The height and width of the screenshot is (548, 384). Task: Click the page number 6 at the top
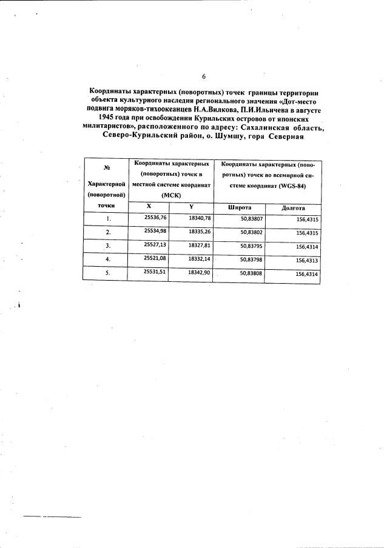point(204,76)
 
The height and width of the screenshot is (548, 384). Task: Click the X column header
point(149,206)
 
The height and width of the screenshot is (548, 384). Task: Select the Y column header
point(190,206)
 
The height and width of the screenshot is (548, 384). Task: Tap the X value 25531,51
point(155,272)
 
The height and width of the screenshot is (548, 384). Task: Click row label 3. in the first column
point(108,246)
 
